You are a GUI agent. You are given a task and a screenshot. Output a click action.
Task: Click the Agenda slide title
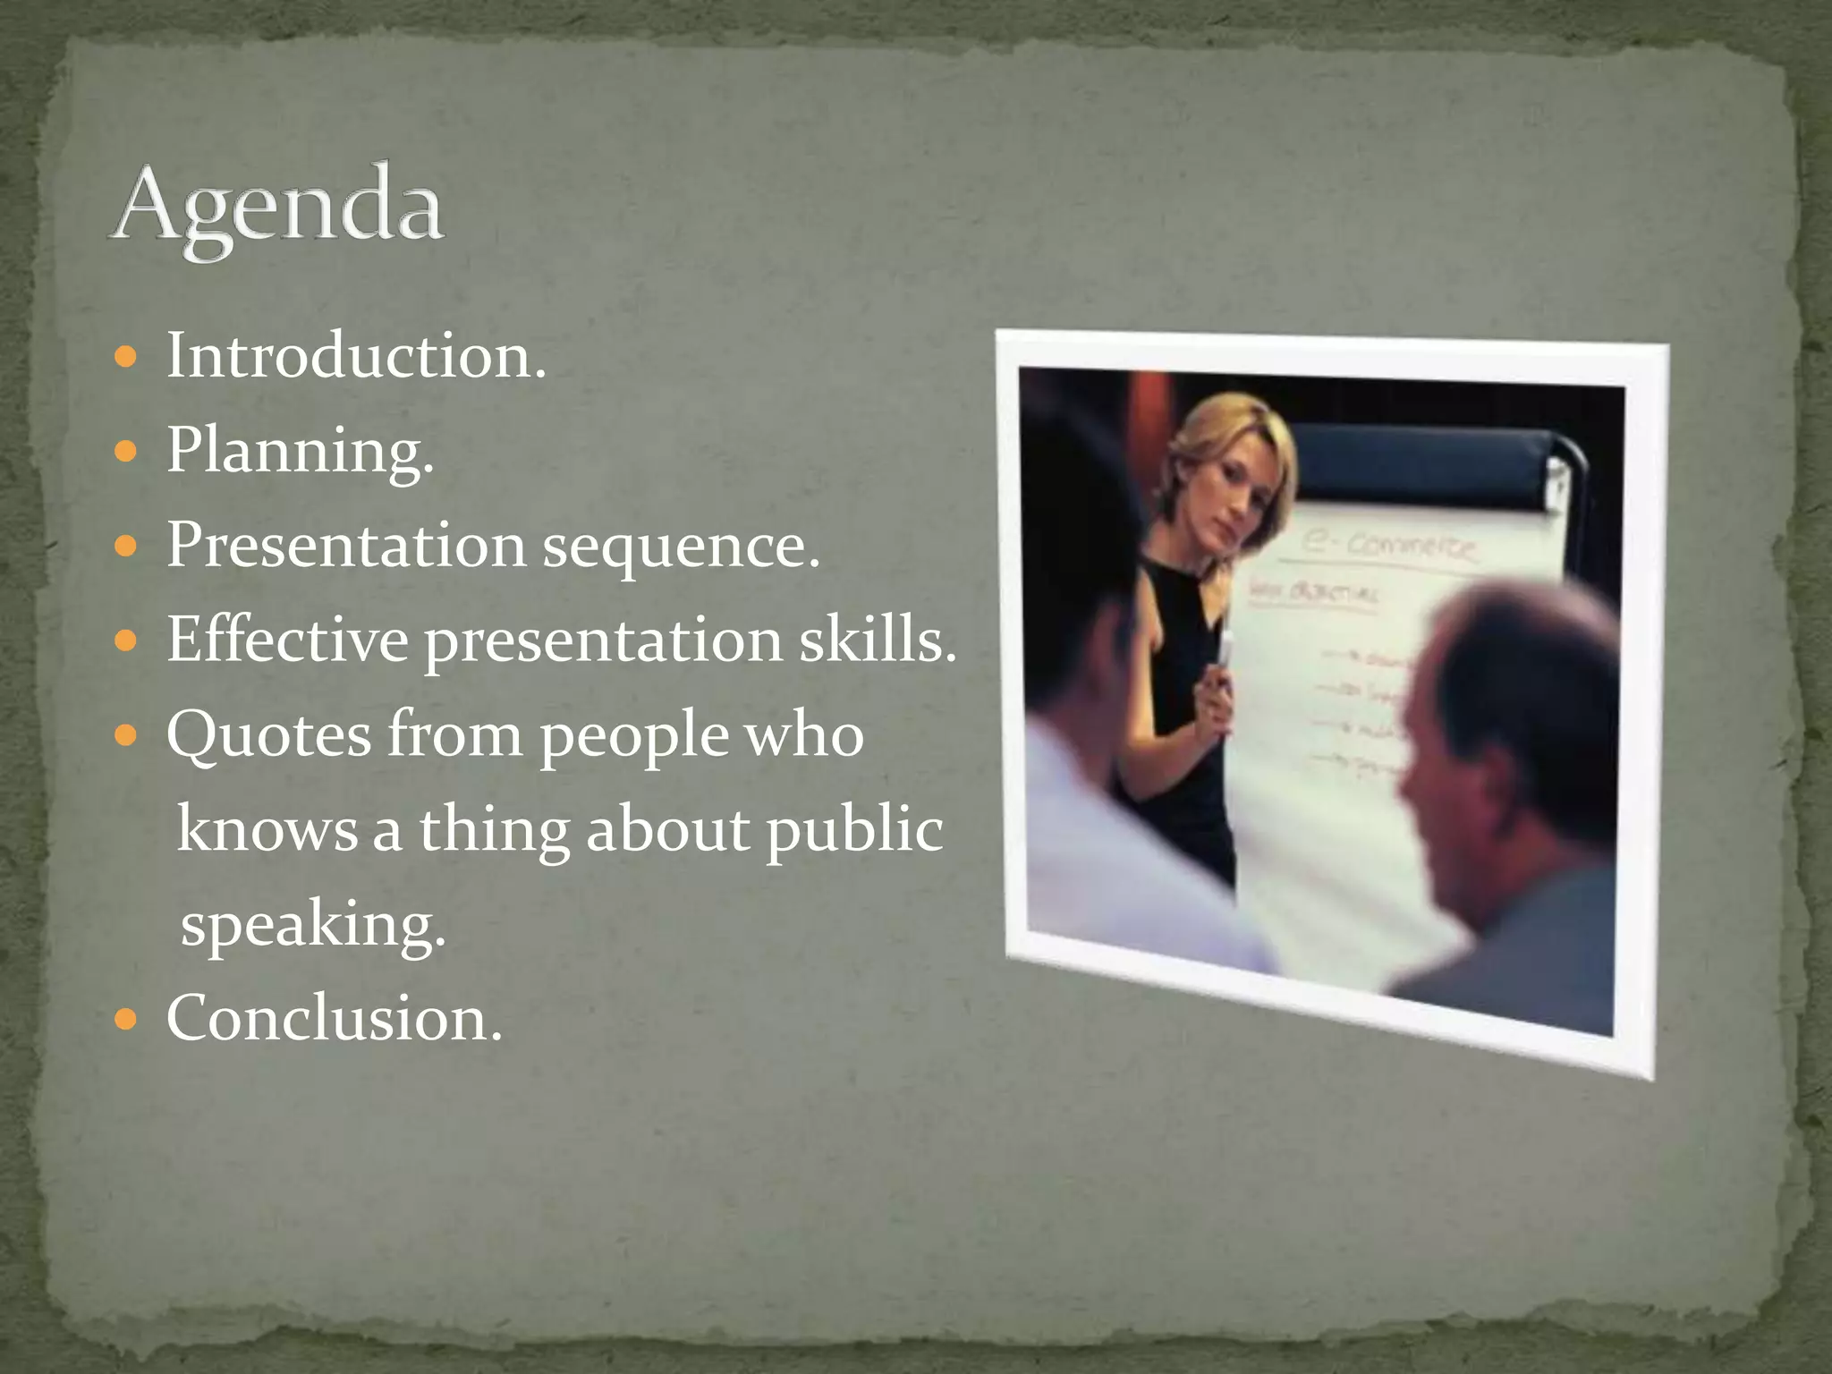pos(277,208)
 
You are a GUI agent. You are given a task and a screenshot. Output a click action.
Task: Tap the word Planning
pos(300,451)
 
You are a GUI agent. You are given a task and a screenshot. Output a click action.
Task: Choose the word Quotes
pos(267,735)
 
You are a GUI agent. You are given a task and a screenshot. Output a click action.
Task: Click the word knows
pos(267,829)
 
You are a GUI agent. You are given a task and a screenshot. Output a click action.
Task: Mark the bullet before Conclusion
pos(126,1020)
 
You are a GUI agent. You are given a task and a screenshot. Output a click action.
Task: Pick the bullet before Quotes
pos(126,737)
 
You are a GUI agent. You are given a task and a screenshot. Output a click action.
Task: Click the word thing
pos(494,829)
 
